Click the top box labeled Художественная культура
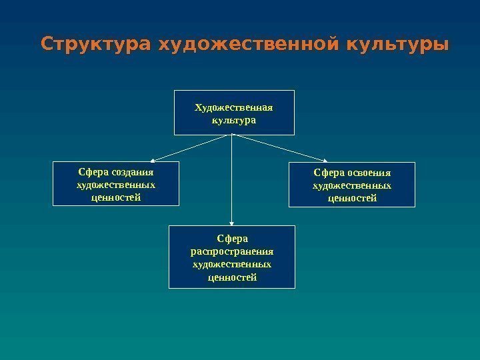(233, 112)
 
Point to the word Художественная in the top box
(233, 107)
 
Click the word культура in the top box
(233, 121)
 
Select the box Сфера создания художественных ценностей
(116, 183)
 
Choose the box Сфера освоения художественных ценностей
(351, 184)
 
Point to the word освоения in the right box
(368, 172)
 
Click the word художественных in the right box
(351, 185)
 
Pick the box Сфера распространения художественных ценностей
(231, 257)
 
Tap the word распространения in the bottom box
(231, 251)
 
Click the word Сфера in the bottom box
(231, 237)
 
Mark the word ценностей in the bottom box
(231, 277)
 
